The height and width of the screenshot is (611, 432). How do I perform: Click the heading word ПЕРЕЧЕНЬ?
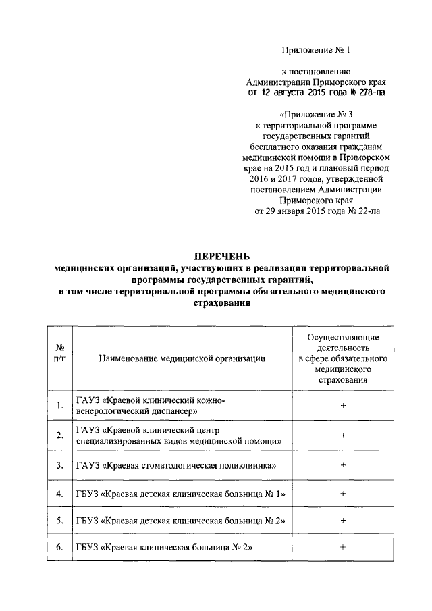tap(221, 256)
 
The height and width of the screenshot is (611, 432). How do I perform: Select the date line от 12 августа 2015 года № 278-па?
tap(316, 92)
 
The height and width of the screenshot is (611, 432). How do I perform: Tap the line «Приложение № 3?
tap(316, 114)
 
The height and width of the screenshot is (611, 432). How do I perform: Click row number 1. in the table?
tap(60, 406)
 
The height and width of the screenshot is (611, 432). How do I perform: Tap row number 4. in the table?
tap(60, 493)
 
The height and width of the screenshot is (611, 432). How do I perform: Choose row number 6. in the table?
tap(60, 547)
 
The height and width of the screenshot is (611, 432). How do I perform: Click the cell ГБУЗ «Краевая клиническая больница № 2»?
tap(164, 547)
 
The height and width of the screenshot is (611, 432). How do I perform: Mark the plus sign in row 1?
tap(343, 406)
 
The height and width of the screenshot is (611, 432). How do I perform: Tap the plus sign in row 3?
tap(343, 465)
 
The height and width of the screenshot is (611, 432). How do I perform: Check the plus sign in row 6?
tap(343, 547)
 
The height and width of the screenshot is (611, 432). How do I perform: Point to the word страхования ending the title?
tap(221, 304)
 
